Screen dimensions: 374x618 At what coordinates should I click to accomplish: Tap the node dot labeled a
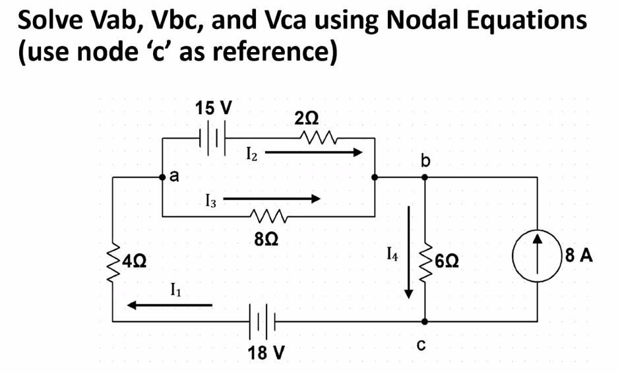[x=162, y=177]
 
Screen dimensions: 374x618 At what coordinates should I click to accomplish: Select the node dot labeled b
[x=425, y=177]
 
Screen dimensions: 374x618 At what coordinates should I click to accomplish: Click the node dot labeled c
[x=425, y=322]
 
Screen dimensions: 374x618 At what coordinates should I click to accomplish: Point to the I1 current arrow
[x=170, y=305]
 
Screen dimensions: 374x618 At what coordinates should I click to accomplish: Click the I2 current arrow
[x=314, y=153]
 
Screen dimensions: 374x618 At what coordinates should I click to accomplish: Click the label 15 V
[x=213, y=106]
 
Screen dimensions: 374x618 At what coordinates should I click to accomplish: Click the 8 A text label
[x=578, y=255]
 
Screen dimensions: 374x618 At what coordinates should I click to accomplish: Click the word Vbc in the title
[x=166, y=20]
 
